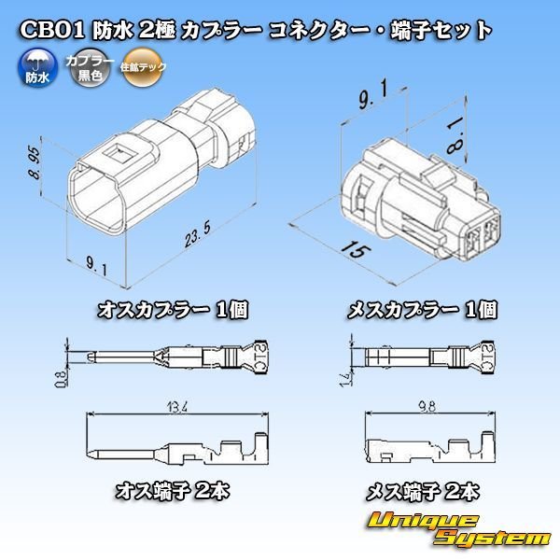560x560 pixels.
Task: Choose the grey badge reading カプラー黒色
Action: click(x=87, y=70)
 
